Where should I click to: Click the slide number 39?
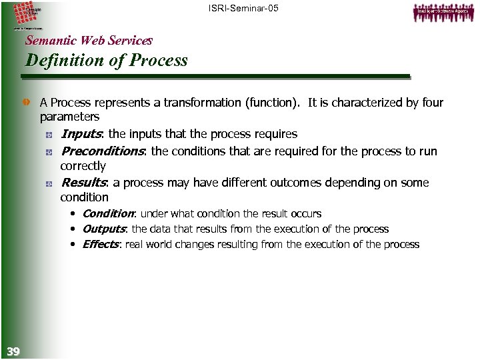click(x=13, y=351)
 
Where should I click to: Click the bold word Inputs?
click(x=79, y=135)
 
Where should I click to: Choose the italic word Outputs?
click(x=104, y=229)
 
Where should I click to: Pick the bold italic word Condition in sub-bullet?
click(x=108, y=213)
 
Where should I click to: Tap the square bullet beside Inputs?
click(x=50, y=135)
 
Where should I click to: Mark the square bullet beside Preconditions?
click(x=50, y=152)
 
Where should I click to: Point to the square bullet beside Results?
click(x=50, y=183)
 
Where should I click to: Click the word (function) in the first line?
click(x=272, y=103)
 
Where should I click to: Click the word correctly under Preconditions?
click(x=83, y=165)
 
